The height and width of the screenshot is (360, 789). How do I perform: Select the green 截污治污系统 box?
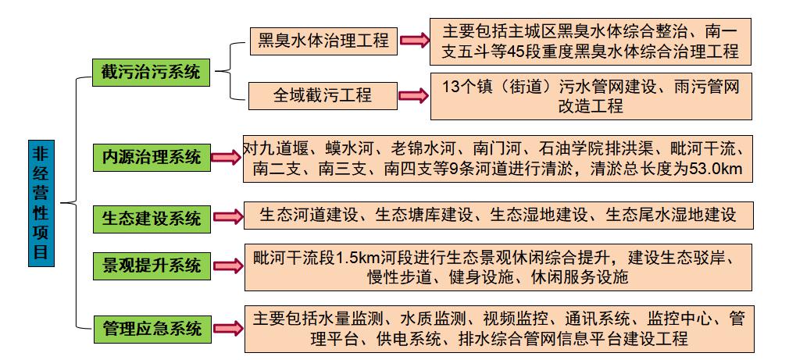151,73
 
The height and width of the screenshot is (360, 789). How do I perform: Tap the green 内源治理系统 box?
152,158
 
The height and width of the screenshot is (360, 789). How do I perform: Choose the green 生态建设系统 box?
152,219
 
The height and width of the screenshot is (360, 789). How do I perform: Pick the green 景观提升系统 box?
152,266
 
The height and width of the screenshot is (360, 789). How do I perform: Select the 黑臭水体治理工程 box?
323,41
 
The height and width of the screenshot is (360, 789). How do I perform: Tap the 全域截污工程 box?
323,95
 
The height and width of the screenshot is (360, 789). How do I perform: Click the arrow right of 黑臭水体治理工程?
414,41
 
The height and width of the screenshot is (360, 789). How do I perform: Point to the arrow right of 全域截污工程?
413,95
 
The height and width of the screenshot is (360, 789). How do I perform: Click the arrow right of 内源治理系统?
227,158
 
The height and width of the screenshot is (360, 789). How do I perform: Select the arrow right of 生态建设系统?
228,217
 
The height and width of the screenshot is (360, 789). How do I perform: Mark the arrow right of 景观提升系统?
228,266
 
